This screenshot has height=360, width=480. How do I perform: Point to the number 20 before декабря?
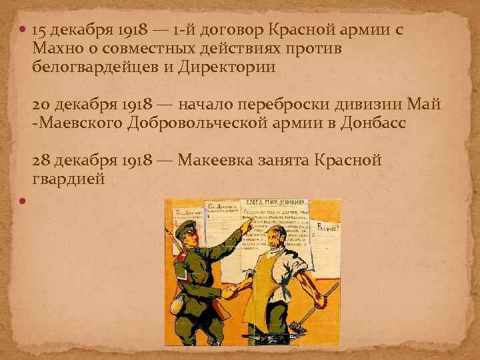click(40, 105)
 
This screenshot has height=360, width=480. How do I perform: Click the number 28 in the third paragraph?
click(40, 161)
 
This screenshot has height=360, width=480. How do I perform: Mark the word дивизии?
click(378, 105)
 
